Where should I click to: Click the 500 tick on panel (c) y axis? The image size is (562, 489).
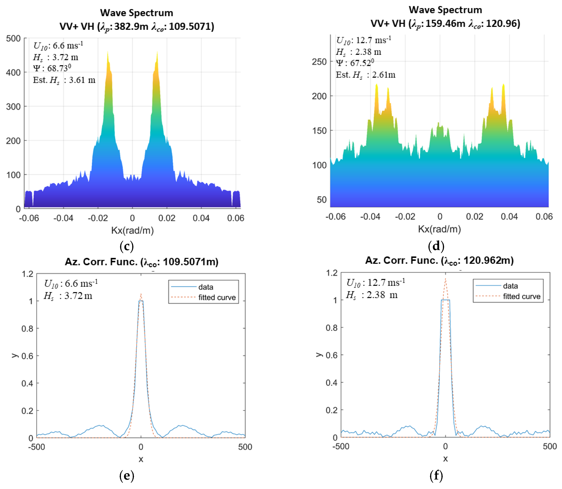13,39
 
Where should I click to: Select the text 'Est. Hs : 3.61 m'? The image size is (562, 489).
64,80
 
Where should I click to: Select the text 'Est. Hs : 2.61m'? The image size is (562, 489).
365,75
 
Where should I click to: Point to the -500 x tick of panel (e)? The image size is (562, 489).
36,447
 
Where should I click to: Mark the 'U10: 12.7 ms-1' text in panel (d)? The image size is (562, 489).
363,40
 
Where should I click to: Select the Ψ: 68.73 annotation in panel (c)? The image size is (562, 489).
52,68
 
